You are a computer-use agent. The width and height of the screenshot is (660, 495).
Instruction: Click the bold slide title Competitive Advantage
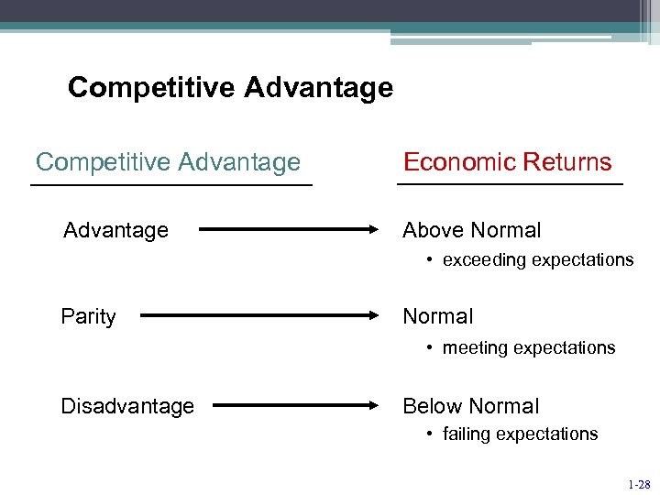230,88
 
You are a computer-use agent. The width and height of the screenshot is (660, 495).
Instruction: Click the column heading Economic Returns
507,162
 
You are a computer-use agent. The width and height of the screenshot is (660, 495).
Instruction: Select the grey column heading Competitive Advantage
168,162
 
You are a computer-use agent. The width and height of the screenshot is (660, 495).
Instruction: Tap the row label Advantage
115,230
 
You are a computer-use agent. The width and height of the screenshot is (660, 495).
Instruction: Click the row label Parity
88,317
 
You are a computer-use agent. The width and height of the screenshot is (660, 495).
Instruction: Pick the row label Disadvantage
127,406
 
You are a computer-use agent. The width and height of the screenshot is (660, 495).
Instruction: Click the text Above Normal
472,230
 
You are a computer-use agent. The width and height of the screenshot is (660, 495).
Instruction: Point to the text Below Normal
471,406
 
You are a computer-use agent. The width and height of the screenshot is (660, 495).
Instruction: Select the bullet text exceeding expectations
537,260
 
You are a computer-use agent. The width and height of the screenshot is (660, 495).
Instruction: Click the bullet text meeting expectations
528,348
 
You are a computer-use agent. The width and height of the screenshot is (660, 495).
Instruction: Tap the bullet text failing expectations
520,434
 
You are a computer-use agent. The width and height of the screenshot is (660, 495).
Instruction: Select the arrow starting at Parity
259,317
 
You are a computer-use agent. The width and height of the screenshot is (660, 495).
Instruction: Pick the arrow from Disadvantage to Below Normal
295,405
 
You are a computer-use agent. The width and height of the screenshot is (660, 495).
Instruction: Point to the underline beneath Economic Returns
509,185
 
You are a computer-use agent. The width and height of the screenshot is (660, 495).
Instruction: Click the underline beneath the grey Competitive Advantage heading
171,185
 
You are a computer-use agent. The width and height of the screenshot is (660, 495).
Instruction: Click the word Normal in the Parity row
438,317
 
